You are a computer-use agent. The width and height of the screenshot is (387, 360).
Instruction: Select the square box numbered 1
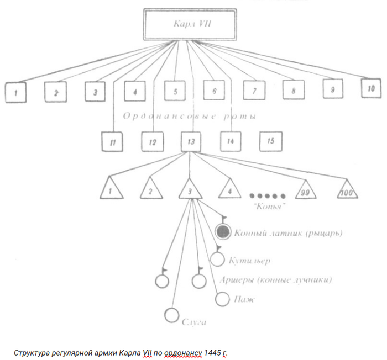[16, 92]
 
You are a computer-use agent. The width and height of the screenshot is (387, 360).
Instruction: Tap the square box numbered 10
[371, 88]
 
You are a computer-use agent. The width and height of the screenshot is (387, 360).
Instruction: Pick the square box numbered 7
[254, 90]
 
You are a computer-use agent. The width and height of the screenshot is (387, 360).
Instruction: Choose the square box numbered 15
[270, 141]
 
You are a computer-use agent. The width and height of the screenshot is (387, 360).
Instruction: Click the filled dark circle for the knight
[223, 232]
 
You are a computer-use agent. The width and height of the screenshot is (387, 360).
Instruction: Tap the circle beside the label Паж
[222, 299]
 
